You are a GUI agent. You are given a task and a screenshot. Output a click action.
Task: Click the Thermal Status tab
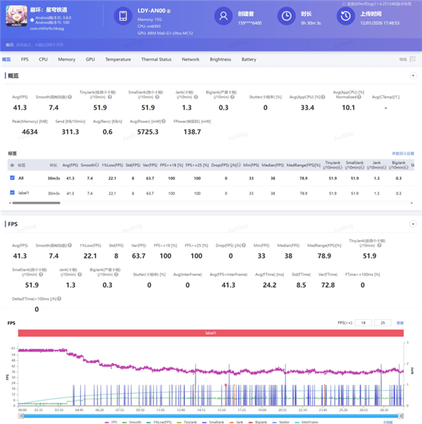click(x=156, y=60)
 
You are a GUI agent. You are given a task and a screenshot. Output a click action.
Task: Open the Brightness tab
click(x=220, y=60)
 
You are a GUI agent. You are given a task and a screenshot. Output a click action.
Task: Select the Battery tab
click(x=249, y=60)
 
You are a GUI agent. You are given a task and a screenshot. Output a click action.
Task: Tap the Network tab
click(x=191, y=60)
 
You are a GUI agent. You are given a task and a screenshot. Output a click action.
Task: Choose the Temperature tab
click(x=118, y=60)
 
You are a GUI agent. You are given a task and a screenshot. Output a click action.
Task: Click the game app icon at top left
click(x=15, y=16)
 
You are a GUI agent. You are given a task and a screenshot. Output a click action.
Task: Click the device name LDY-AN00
click(x=153, y=11)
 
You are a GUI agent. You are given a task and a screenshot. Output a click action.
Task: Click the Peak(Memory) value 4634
click(x=30, y=131)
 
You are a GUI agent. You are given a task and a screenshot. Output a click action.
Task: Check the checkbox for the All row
click(x=11, y=179)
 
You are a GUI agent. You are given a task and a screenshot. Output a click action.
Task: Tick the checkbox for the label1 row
click(x=11, y=192)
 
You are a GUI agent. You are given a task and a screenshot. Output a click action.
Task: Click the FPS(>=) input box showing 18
click(x=364, y=323)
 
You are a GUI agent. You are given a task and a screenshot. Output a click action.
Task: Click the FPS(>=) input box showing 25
click(x=383, y=323)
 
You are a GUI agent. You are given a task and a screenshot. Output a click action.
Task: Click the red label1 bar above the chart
click(x=210, y=332)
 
